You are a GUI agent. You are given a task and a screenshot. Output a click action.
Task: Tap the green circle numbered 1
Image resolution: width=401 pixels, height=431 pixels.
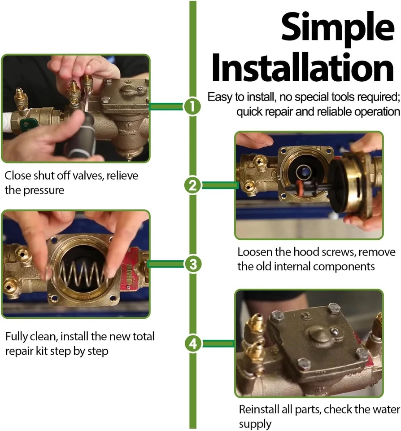192,107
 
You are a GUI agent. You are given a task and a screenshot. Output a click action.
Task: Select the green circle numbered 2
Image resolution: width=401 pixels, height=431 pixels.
192,185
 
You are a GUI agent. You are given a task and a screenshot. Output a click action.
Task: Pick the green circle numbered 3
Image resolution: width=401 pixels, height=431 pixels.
192,264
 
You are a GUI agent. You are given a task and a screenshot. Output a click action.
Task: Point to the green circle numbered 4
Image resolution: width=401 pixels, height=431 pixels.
192,343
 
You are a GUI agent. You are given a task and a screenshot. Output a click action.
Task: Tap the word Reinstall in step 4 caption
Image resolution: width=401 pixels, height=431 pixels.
261,409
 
